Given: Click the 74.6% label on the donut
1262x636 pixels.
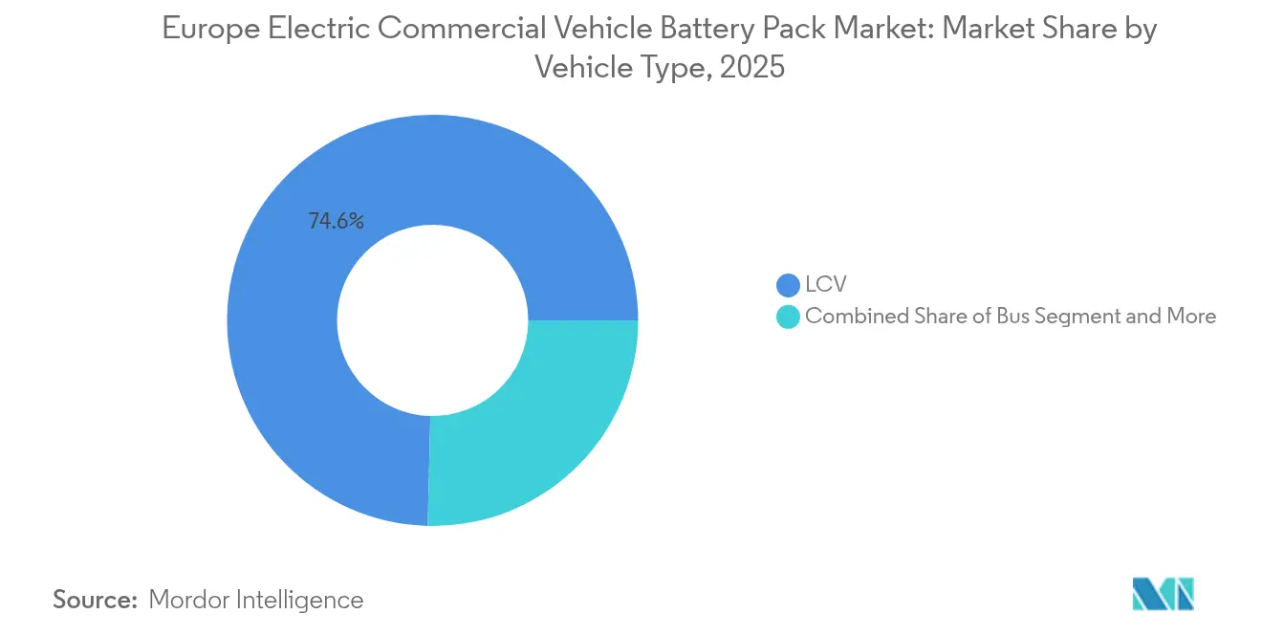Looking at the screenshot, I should click(336, 221).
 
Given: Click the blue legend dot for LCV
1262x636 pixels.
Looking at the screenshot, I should click(788, 285).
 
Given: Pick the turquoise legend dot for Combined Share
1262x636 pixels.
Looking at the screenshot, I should click(788, 317).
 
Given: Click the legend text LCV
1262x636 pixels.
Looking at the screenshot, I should click(826, 285).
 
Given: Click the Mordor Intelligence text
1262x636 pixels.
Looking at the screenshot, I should click(256, 600).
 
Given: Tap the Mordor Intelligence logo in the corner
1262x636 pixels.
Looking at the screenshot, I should click(1163, 594).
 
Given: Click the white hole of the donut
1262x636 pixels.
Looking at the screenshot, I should click(432, 320).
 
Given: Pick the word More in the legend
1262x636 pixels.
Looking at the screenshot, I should click(1190, 317).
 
